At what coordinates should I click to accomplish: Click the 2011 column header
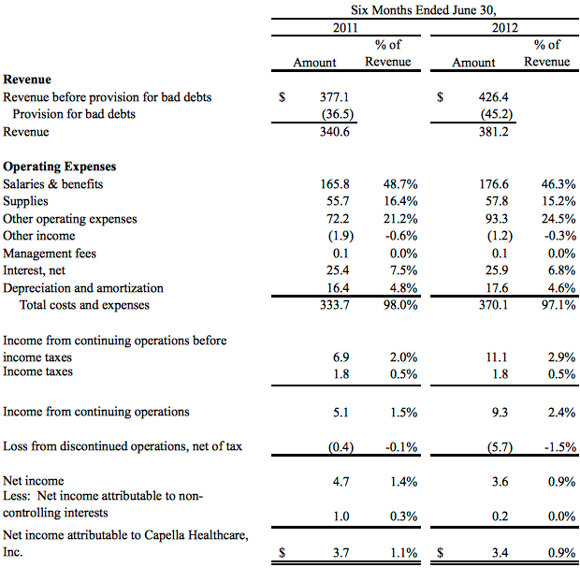tap(345, 28)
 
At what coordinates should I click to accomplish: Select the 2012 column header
tap(504, 28)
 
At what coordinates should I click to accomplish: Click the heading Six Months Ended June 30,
tap(424, 10)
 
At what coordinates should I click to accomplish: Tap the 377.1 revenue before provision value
tap(334, 97)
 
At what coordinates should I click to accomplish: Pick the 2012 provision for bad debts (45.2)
tap(497, 114)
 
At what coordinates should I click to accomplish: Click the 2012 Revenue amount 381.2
tap(494, 132)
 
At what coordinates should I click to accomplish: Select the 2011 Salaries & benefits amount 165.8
tap(334, 184)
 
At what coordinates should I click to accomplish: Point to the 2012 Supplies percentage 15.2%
tap(558, 201)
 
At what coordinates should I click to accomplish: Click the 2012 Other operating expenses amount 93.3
tap(497, 219)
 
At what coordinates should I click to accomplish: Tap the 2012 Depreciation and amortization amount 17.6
tap(497, 288)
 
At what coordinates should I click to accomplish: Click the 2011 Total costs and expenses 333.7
tap(334, 305)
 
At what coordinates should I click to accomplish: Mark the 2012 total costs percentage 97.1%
tap(558, 305)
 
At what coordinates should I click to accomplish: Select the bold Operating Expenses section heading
tap(59, 167)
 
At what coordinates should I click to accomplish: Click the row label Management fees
tap(50, 254)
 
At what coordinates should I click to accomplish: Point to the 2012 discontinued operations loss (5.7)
tap(500, 446)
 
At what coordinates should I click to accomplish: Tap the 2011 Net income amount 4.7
tap(341, 481)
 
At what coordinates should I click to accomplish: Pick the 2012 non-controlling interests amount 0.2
tap(500, 517)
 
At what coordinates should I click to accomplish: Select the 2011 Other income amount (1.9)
tap(341, 236)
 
